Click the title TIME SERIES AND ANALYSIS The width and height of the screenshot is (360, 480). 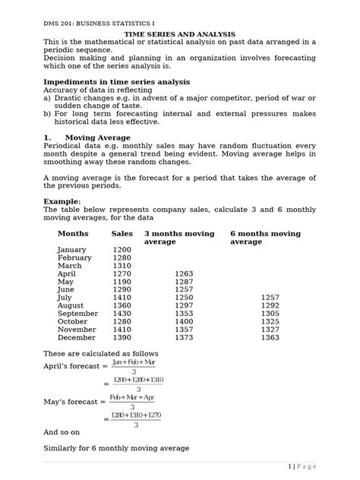(x=180, y=34)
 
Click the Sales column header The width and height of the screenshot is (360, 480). (x=122, y=234)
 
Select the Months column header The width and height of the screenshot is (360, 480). (x=73, y=234)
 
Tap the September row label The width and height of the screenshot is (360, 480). (x=77, y=313)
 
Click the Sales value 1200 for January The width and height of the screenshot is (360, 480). (x=122, y=250)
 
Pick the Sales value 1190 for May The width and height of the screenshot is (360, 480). (x=122, y=281)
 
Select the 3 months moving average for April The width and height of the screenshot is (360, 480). (x=185, y=273)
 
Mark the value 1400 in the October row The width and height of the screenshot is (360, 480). (x=185, y=321)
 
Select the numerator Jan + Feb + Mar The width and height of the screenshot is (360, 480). (x=134, y=363)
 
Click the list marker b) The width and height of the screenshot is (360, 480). (x=47, y=113)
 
